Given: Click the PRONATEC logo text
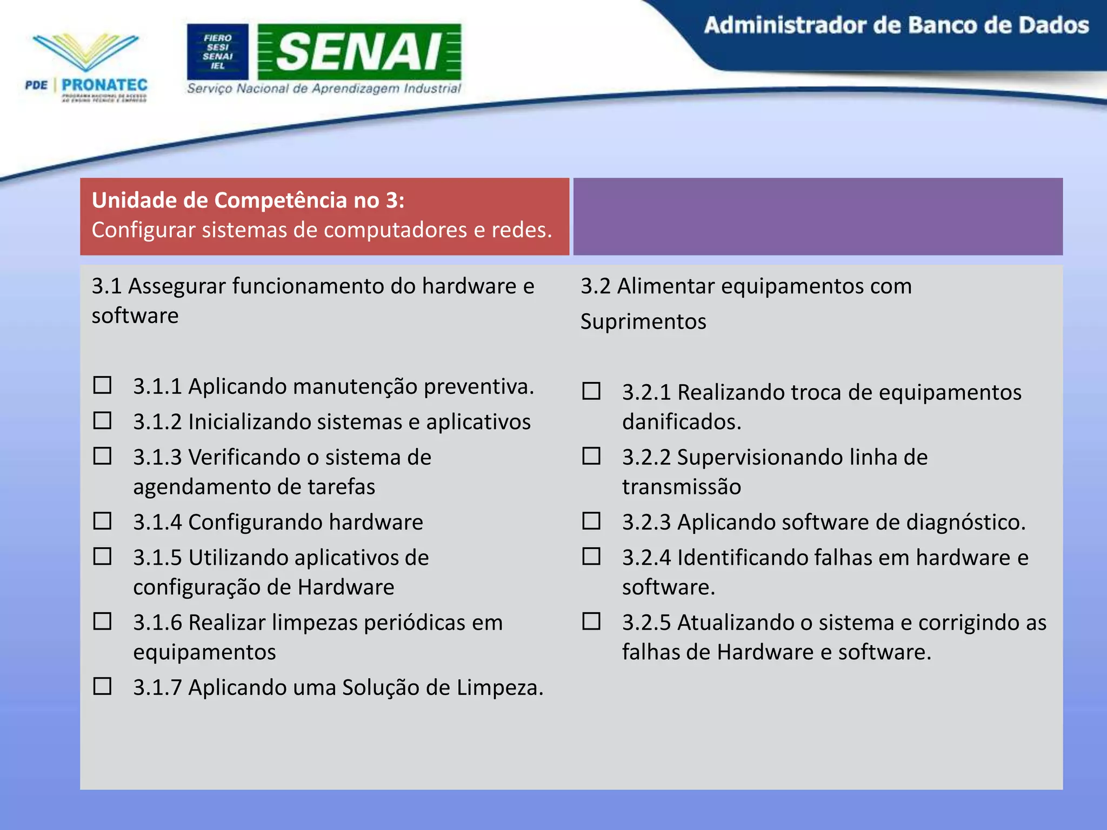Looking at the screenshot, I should pos(104,85).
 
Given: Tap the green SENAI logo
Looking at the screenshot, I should pos(359,52).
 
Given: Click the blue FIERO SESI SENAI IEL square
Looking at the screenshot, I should pos(217,52).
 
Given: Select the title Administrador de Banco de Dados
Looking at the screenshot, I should pos(896,26).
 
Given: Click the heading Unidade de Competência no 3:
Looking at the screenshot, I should pos(248,200).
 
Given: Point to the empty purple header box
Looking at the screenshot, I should pos(817,216).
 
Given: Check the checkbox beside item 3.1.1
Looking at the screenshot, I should pos(102,385).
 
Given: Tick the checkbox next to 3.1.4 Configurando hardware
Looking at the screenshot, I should pos(102,521).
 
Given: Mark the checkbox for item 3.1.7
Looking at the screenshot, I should pos(102,686).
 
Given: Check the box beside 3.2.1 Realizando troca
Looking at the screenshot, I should pos(591,391).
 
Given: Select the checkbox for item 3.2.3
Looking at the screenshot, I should pos(591,521).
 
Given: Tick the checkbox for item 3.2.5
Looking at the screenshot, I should pos(591,621).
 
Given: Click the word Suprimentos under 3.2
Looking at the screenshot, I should pos(643,322).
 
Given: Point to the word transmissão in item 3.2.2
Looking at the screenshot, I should pos(681,487).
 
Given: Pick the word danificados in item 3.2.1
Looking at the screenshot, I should pos(681,422).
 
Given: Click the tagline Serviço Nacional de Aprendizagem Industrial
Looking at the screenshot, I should pos(324,89).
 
